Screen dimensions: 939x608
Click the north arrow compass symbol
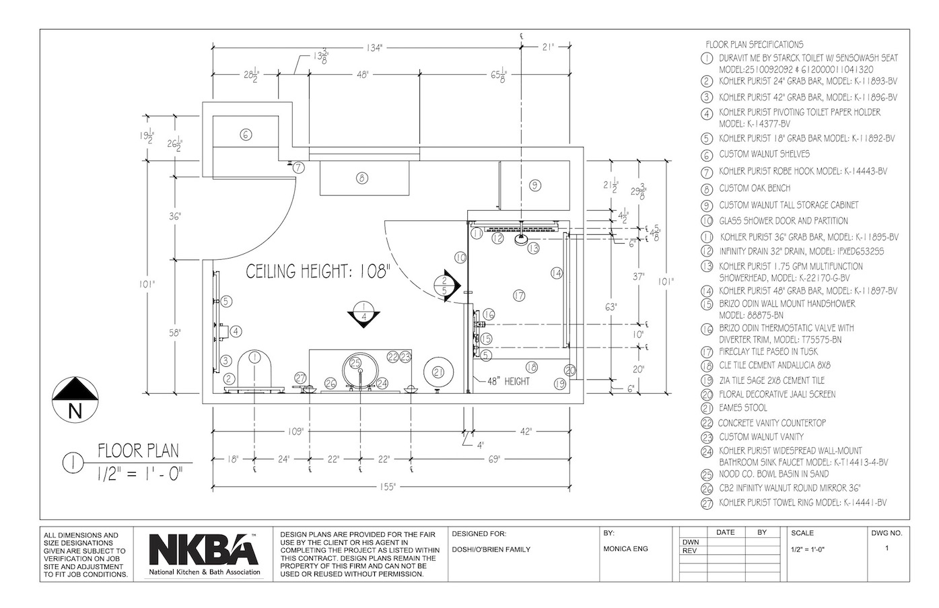pyautogui.click(x=75, y=399)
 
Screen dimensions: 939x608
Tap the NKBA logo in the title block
pyautogui.click(x=204, y=554)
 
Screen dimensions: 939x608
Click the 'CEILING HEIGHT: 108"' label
pyautogui.click(x=318, y=272)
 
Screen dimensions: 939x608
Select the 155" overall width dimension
pyautogui.click(x=388, y=487)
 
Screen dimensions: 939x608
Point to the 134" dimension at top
pyautogui.click(x=374, y=48)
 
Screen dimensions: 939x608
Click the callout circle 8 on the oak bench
pyautogui.click(x=362, y=178)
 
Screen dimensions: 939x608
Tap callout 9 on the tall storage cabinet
pyautogui.click(x=535, y=185)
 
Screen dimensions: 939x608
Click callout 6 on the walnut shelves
pyautogui.click(x=246, y=135)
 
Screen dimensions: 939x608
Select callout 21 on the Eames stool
pyautogui.click(x=438, y=372)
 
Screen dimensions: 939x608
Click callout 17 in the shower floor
pyautogui.click(x=519, y=296)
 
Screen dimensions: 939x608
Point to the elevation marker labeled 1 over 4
pyautogui.click(x=363, y=314)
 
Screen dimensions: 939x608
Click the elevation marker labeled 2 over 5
pyautogui.click(x=447, y=285)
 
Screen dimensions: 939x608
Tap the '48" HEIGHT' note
pyautogui.click(x=508, y=381)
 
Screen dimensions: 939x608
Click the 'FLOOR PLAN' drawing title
pyautogui.click(x=139, y=450)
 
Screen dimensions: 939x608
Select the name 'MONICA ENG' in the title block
pyautogui.click(x=626, y=549)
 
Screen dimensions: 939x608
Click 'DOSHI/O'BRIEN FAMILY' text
pyautogui.click(x=491, y=549)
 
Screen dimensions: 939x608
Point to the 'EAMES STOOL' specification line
pyautogui.click(x=743, y=407)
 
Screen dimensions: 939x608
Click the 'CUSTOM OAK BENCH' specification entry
pyautogui.click(x=755, y=189)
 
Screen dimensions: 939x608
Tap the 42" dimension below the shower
pyautogui.click(x=526, y=432)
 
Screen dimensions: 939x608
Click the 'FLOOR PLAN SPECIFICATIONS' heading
pyautogui.click(x=755, y=44)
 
